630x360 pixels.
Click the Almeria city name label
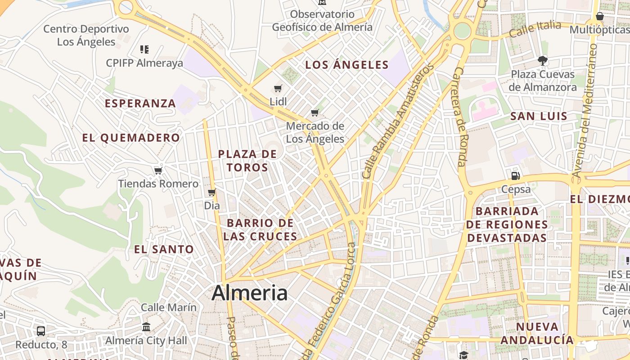[249, 293]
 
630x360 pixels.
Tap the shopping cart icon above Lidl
[278, 88]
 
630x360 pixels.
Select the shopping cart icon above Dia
[211, 193]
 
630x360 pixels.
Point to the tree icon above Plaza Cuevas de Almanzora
[543, 60]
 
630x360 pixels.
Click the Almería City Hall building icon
[146, 327]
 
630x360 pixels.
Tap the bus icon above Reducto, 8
[41, 331]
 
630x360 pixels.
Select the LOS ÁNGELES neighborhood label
[346, 65]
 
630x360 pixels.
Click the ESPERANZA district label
[140, 103]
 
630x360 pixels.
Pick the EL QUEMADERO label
[131, 138]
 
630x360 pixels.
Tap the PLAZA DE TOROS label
[247, 161]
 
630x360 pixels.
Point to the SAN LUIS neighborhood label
[539, 116]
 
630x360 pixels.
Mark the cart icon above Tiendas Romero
[158, 171]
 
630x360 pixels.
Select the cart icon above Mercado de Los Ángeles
[315, 112]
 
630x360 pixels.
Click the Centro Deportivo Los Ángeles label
[86, 35]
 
